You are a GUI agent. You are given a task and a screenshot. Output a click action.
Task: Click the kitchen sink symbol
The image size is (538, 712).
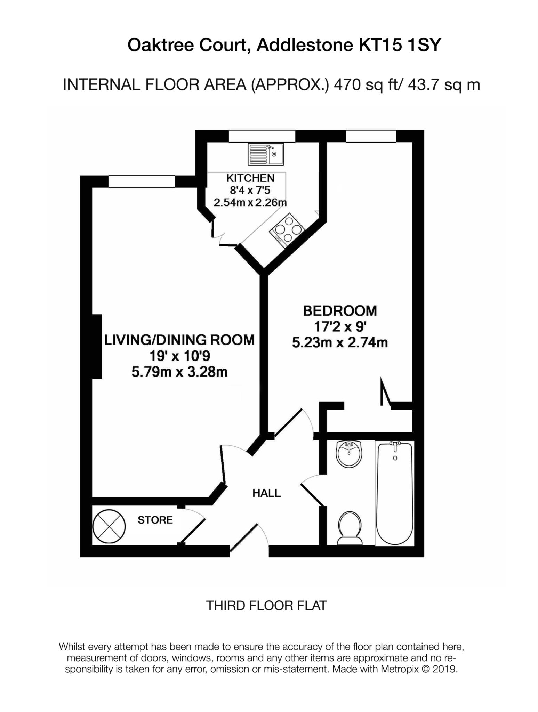pyautogui.click(x=266, y=154)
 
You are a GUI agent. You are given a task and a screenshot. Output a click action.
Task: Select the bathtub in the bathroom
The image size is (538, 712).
pyautogui.click(x=395, y=493)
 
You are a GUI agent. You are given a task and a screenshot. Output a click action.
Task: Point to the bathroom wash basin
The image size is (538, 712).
pyautogui.click(x=349, y=454)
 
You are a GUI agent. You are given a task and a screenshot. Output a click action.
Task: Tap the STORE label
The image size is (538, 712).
pyautogui.click(x=155, y=520)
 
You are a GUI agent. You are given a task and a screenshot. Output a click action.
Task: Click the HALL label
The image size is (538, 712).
pyautogui.click(x=266, y=493)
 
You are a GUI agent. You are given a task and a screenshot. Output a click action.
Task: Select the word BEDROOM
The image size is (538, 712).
pyautogui.click(x=340, y=311)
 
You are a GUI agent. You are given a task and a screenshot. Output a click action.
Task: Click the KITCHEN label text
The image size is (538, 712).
pyautogui.click(x=250, y=178)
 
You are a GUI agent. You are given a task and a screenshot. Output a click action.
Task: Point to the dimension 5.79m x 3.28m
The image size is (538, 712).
pyautogui.click(x=179, y=372)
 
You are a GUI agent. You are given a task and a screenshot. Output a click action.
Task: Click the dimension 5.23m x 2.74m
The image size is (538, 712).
pyautogui.click(x=340, y=343)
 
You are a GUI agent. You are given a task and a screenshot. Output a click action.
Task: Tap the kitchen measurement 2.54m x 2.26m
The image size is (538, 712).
pyautogui.click(x=250, y=202)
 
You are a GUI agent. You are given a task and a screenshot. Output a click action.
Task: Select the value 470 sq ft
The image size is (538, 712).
pyautogui.click(x=365, y=84)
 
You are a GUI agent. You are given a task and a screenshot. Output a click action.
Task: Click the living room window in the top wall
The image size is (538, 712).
pyautogui.click(x=142, y=182)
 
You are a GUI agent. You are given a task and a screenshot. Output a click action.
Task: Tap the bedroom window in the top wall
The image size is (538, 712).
pyautogui.click(x=371, y=136)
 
